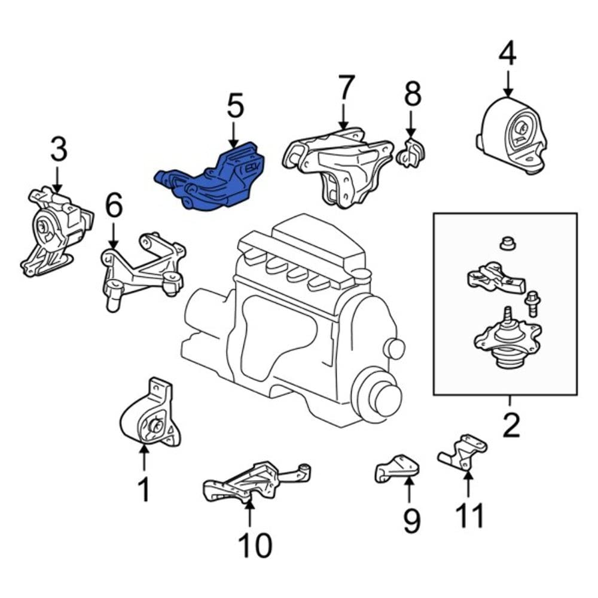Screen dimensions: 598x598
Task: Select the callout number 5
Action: coord(235,106)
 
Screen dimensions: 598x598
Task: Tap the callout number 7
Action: coord(346,88)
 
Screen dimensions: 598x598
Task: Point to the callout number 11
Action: coord(469,515)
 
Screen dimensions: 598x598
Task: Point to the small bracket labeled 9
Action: coord(395,468)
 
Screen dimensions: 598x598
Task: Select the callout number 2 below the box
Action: coord(511,426)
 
